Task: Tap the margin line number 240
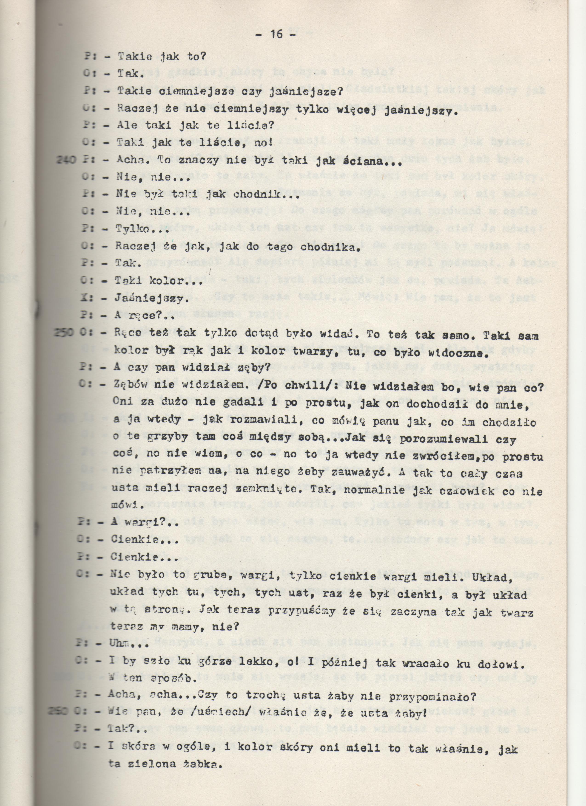click(x=66, y=161)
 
